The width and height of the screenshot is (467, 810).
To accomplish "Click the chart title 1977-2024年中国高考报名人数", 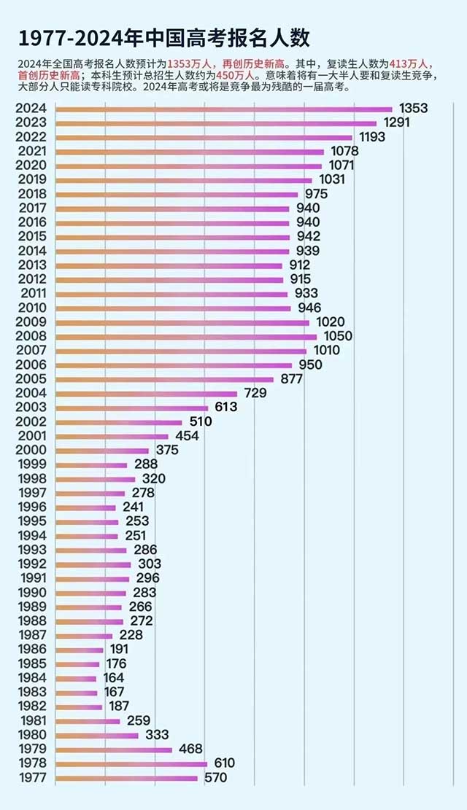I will point(164,37).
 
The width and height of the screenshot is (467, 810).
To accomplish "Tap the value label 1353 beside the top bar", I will point(414,109).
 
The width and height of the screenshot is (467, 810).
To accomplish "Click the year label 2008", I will point(31,337).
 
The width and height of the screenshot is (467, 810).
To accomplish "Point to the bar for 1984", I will point(76,678).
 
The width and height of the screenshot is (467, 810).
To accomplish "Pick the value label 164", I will point(113,678).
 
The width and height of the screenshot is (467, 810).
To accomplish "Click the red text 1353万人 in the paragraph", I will point(189,65).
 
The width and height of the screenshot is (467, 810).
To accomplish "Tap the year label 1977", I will point(31,778).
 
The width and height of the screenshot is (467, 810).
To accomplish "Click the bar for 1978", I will point(131,764).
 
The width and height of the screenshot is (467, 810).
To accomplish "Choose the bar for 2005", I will point(164,379).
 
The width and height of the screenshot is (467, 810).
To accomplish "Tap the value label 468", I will point(191,749).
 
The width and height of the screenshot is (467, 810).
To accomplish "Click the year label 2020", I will point(31,165).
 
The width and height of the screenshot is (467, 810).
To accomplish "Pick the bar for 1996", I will point(85,507).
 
